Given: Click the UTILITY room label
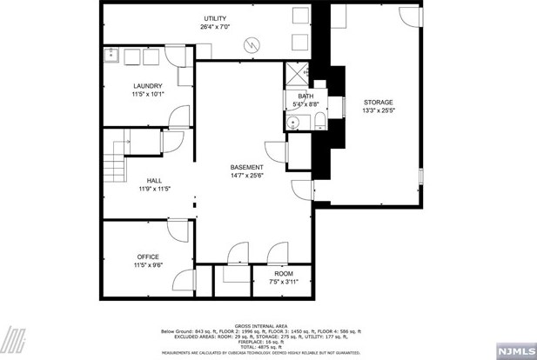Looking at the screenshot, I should click(215, 18).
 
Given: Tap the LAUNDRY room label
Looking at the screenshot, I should click(147, 85).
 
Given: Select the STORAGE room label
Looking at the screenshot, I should click(379, 102).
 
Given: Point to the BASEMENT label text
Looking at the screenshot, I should click(246, 167).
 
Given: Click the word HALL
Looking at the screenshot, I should click(153, 181).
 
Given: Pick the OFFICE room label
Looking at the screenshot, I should click(147, 257).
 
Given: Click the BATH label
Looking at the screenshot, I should click(305, 97).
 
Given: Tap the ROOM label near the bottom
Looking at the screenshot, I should click(284, 273).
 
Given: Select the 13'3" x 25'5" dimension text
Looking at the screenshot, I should click(379, 110).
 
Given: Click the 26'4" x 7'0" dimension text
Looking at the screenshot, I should click(215, 27).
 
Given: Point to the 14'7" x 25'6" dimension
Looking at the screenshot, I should click(246, 176).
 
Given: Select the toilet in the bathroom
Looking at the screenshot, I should click(319, 120).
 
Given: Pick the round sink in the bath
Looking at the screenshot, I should click(294, 121).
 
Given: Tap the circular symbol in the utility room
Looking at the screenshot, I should click(251, 44).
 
